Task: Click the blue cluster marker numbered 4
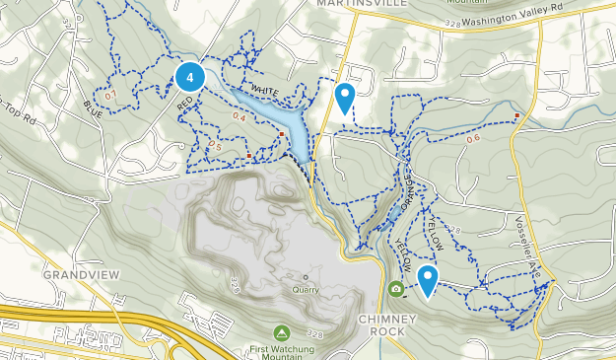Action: coord(189,76)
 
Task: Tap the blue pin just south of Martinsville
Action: coord(344,98)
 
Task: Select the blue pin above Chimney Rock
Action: coord(427,281)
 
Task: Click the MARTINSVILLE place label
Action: coord(349,4)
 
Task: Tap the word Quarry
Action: coord(306,290)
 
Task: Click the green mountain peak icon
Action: coord(283,331)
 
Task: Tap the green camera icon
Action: coord(395,289)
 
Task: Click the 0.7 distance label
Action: coord(110,95)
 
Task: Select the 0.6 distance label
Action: coord(473,138)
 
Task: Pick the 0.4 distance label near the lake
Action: coord(239,118)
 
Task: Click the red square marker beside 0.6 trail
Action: coord(516,116)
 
